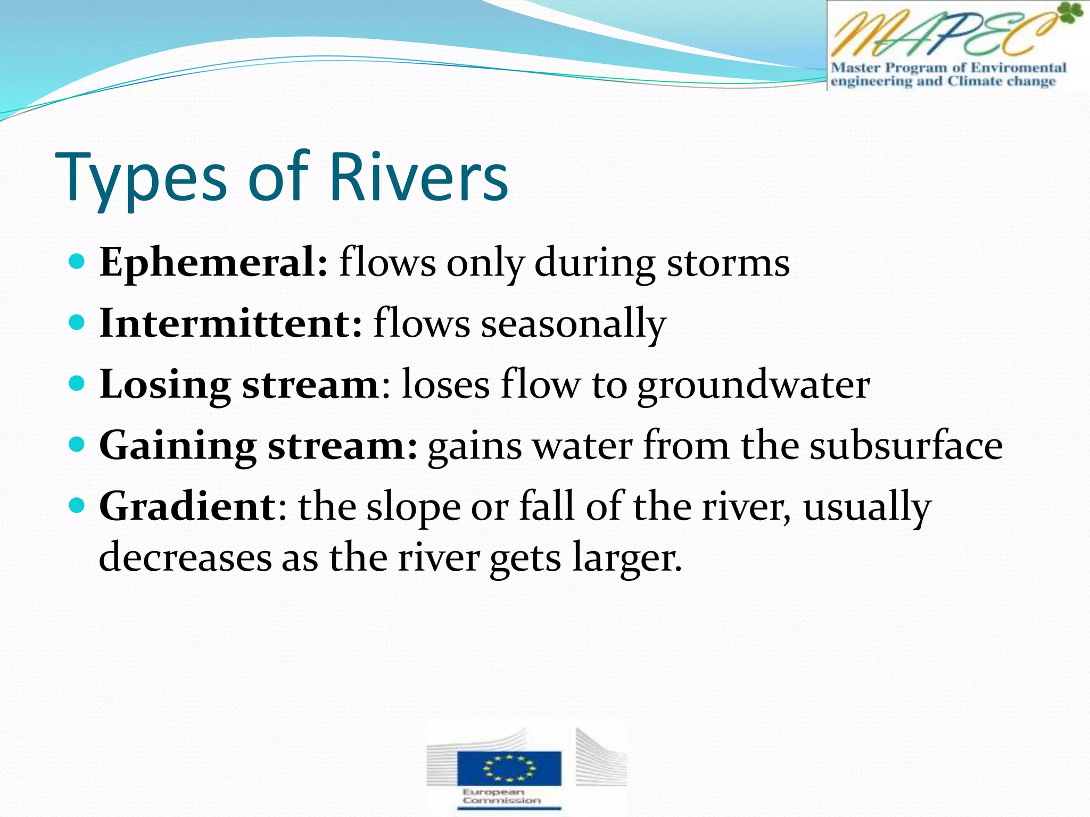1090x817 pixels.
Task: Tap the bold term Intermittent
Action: [230, 323]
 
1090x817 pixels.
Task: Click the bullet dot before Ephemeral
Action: [77, 262]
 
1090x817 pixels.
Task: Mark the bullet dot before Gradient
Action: [77, 505]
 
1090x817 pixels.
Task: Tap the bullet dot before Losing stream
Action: [77, 383]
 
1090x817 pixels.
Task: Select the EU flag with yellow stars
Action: [509, 768]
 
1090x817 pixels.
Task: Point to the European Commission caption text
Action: [501, 796]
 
